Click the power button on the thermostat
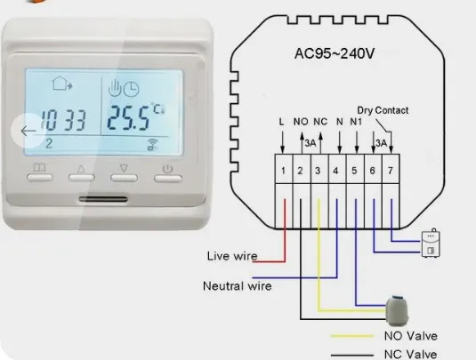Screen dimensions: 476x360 coord(168,179)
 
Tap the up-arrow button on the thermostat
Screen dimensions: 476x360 coord(81,178)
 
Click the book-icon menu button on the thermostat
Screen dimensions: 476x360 coord(40,177)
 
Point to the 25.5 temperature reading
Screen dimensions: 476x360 coord(128,117)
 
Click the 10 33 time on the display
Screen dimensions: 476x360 coord(63,120)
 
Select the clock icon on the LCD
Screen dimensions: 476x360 coord(131,89)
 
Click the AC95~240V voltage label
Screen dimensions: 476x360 coord(335,53)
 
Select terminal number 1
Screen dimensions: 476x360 coord(283,171)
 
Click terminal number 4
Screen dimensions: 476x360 coord(335,171)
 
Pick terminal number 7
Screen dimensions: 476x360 coord(391,171)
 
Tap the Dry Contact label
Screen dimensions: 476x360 coord(383,110)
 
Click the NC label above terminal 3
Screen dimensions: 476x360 coord(320,122)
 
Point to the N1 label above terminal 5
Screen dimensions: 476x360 coord(356,122)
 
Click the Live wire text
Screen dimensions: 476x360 coord(232,256)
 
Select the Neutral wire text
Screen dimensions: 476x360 coord(237,286)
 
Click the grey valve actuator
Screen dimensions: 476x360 coord(397,311)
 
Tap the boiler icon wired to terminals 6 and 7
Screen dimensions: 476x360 coord(431,244)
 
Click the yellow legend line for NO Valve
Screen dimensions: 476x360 coord(352,336)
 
